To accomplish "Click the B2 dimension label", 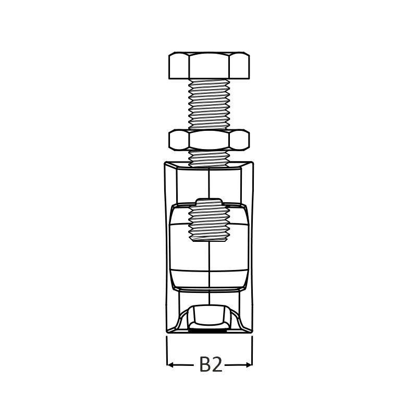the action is pos(211,364).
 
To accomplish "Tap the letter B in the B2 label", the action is pos(205,364).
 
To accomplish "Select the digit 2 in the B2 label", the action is pos(217,364).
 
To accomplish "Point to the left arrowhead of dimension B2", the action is pos(170,365).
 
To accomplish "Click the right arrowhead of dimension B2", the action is pos(249,365).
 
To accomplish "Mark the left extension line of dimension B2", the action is pos(167,351).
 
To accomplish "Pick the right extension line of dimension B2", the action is pos(252,351).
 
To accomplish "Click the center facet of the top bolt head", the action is pos(209,66).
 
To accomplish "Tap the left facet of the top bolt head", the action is pos(179,66).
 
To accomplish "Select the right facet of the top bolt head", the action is pos(239,66).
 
